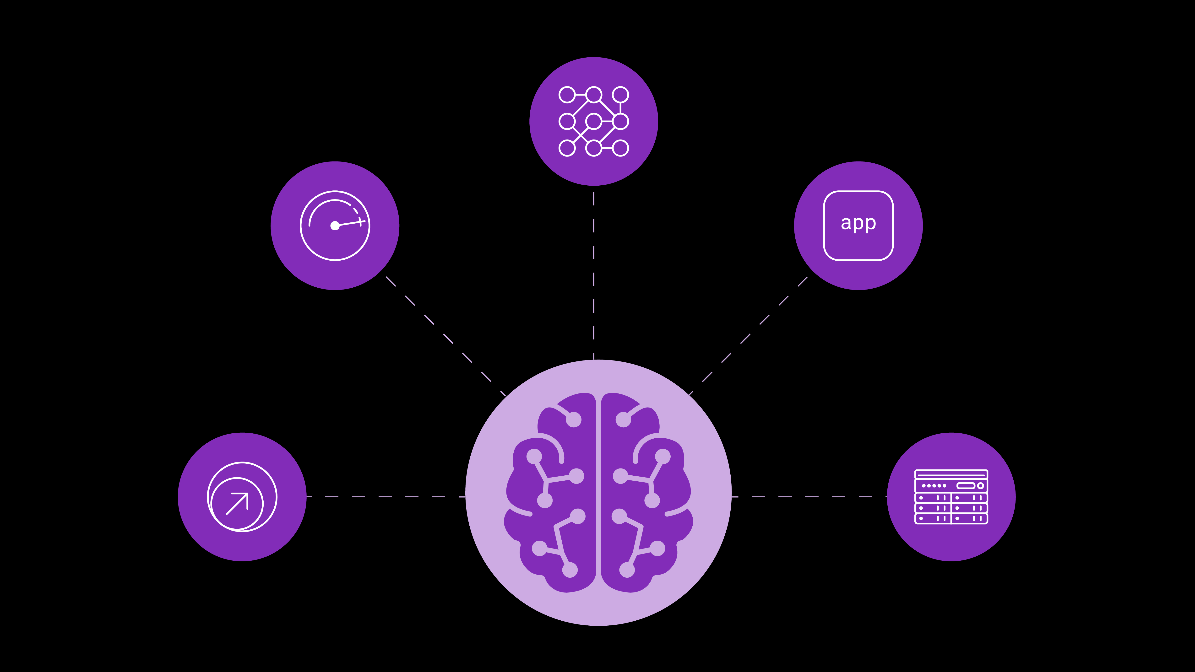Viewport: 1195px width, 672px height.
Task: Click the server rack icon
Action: point(951,497)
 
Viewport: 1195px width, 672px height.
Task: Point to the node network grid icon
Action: point(594,122)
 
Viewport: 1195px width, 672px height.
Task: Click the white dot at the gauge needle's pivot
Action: point(335,226)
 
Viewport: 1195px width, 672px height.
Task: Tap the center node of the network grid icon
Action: point(594,122)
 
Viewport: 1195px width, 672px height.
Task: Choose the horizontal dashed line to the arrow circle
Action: point(385,497)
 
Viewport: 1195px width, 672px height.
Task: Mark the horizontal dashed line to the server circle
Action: point(809,497)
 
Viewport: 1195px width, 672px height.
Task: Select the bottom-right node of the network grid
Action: point(621,148)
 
